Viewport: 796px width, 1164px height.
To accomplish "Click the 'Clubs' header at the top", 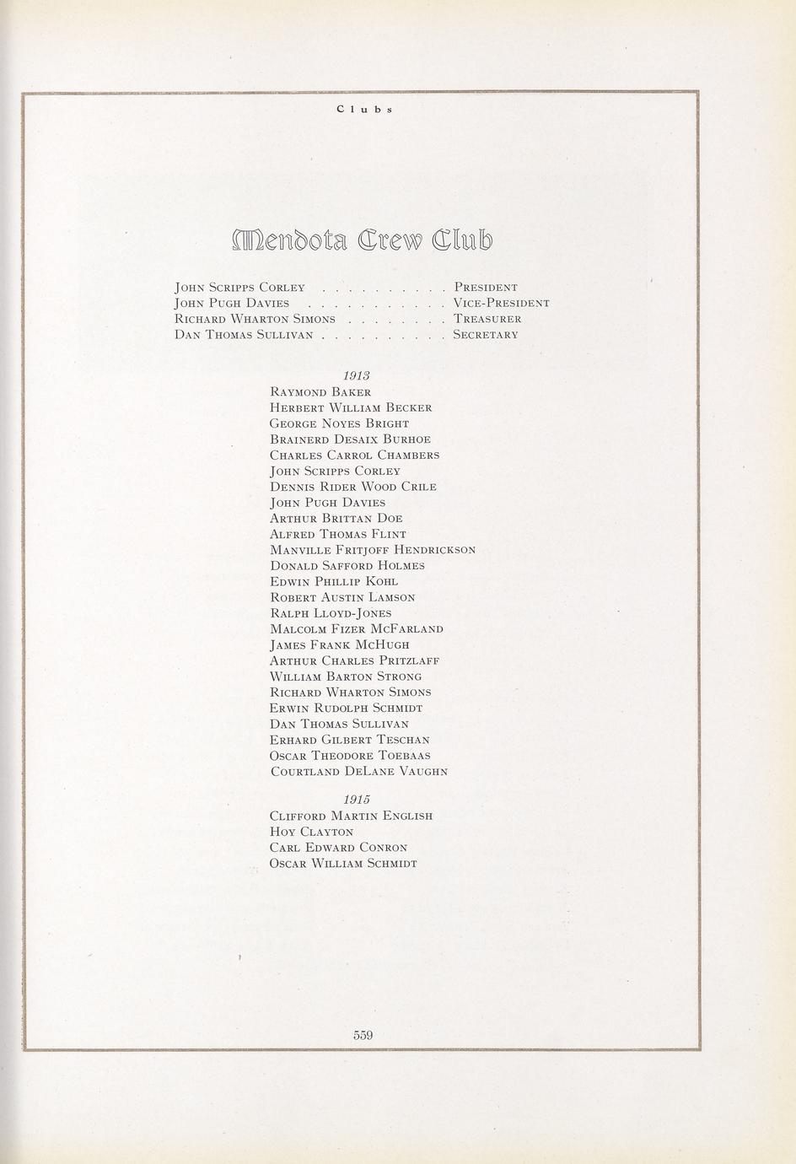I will [364, 110].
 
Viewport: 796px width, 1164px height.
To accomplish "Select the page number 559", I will [363, 1035].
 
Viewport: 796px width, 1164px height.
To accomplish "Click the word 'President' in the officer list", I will [486, 288].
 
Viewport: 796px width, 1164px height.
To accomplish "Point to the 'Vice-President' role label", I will [501, 304].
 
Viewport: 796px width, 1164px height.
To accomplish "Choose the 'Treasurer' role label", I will [487, 319].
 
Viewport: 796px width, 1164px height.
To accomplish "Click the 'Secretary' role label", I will [486, 335].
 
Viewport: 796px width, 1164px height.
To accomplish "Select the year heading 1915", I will [358, 799].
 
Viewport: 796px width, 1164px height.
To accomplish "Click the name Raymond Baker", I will [320, 392].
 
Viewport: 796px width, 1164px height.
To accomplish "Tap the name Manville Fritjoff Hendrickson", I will [373, 550].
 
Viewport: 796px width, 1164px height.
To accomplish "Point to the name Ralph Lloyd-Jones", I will [331, 613].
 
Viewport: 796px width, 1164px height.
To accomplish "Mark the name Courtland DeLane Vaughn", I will [358, 772].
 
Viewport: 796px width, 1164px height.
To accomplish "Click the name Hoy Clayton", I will [312, 832].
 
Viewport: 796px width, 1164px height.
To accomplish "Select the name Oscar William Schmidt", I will [343, 864].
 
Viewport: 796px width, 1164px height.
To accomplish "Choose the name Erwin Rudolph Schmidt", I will [346, 709].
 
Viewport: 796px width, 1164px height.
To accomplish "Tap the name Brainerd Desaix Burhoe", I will [350, 439].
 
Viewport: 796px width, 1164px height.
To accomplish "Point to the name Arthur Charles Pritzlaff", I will [354, 660].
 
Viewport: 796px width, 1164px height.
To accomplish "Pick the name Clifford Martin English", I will [351, 816].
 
